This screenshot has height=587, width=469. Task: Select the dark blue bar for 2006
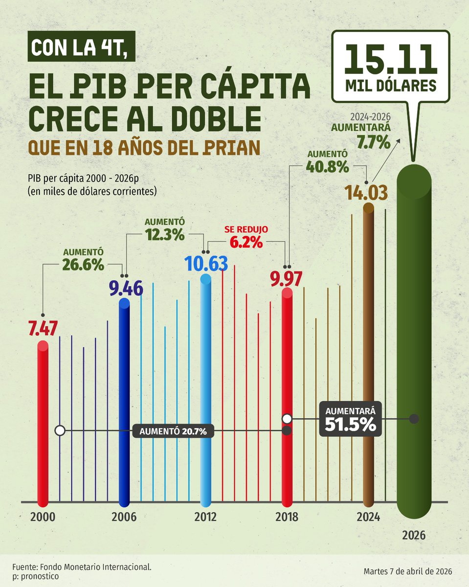click(125, 401)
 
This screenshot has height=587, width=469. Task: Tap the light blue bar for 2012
click(206, 391)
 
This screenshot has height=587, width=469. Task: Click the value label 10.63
click(206, 264)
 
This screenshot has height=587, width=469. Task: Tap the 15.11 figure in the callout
click(390, 60)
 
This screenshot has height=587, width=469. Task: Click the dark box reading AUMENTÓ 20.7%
click(173, 431)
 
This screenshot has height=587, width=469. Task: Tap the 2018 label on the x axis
click(287, 517)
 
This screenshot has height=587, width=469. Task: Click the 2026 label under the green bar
click(414, 535)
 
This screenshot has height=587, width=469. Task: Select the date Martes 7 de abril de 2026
click(407, 571)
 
